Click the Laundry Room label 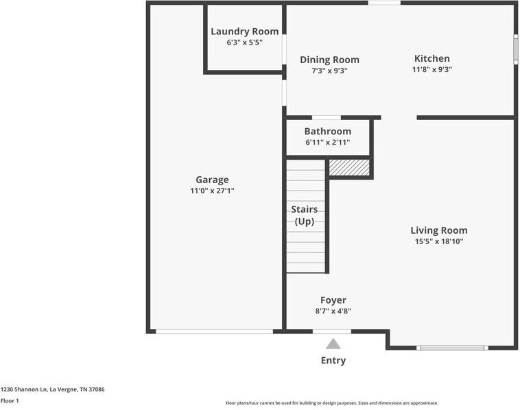(x=244, y=31)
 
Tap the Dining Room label (x=329, y=60)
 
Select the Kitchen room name (x=432, y=58)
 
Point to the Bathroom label (x=327, y=131)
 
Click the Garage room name (x=212, y=180)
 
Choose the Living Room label (x=438, y=230)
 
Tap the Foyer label (x=333, y=300)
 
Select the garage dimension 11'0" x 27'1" (x=212, y=191)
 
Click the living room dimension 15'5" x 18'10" (x=438, y=241)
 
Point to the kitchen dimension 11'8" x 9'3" (x=432, y=69)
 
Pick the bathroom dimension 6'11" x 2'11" (x=327, y=142)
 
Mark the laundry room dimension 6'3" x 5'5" (x=244, y=42)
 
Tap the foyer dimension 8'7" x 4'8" (x=333, y=311)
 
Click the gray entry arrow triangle (x=333, y=344)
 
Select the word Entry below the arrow (x=333, y=360)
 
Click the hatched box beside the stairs (x=348, y=167)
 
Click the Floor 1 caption (x=10, y=400)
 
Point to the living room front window (x=453, y=348)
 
